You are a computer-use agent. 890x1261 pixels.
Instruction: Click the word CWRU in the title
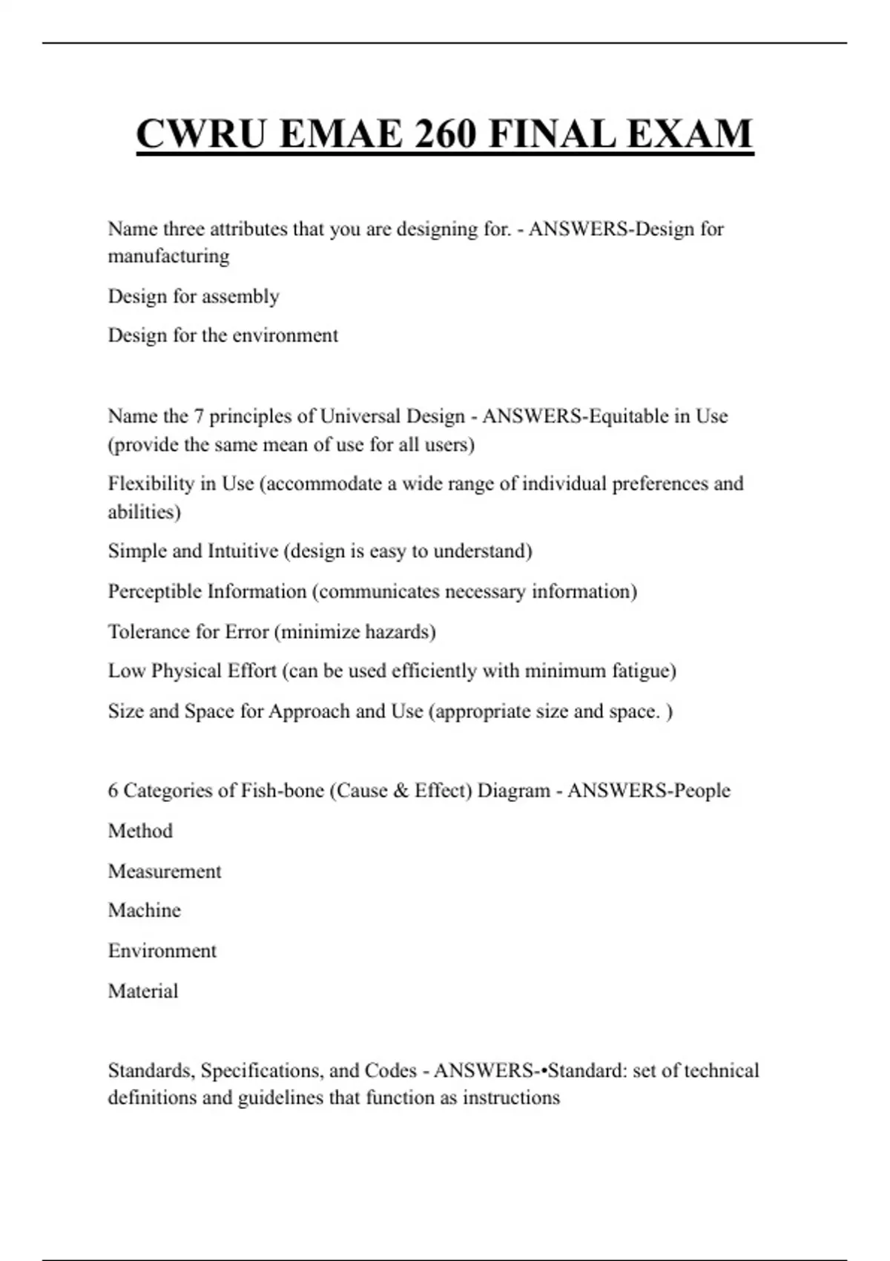(x=195, y=134)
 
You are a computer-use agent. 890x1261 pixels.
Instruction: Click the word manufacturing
(x=168, y=256)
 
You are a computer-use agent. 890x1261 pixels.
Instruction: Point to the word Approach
(x=309, y=711)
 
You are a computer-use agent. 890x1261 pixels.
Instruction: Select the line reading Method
(x=140, y=831)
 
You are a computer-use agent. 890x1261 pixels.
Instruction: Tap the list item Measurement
(x=165, y=871)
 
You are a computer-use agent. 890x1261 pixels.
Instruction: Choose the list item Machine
(x=144, y=910)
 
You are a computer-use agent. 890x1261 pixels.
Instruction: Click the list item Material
(x=143, y=991)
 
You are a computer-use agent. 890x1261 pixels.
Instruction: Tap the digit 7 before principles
(x=199, y=416)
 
